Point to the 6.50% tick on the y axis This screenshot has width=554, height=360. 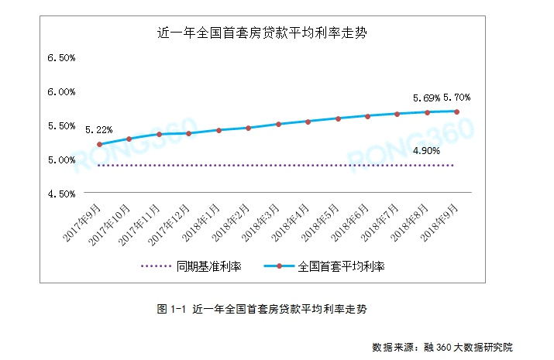click(61, 59)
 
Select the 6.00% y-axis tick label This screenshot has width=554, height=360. click(61, 92)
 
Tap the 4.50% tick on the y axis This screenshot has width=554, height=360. click(61, 194)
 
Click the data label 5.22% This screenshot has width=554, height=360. click(98, 129)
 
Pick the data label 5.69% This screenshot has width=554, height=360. click(426, 98)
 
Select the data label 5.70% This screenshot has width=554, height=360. click(456, 98)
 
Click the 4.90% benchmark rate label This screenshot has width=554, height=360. click(427, 150)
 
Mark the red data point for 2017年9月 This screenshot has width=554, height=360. click(100, 145)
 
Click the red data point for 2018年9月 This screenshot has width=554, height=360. click(457, 111)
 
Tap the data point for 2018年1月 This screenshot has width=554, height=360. click(219, 130)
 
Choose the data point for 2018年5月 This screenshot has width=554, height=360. click(338, 118)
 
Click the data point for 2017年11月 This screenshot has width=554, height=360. click(160, 134)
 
